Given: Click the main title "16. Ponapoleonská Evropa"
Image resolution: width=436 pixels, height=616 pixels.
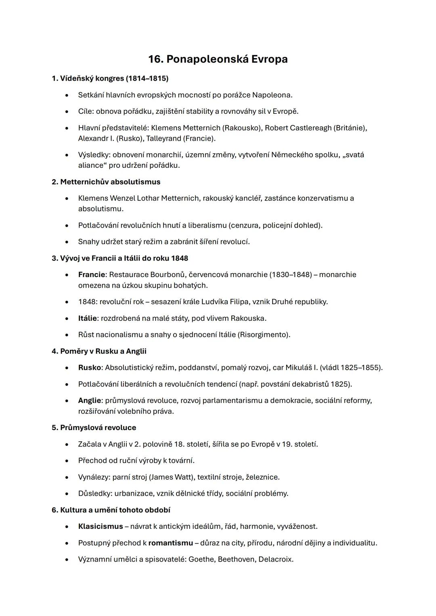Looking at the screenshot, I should (218, 59).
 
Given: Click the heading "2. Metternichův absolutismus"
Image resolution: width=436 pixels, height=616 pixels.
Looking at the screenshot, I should (106, 182).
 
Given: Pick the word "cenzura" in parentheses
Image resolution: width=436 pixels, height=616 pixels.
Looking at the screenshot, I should (244, 225).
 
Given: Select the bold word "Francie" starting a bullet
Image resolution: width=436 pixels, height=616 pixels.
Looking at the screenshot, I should (91, 275).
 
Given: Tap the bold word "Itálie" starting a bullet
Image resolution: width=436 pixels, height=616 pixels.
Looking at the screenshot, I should (87, 318).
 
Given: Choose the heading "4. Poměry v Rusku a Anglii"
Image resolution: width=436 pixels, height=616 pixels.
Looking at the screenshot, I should (99, 351).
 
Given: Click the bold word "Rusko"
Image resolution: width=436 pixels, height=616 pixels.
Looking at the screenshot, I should (89, 368).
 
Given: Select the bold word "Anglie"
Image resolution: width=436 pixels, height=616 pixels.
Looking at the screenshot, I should (90, 401).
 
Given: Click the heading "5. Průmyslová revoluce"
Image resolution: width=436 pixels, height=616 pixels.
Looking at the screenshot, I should (94, 428).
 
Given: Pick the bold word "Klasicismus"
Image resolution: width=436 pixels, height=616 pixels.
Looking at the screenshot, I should (101, 526).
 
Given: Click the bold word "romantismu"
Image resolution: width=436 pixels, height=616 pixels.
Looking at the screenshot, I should (170, 543).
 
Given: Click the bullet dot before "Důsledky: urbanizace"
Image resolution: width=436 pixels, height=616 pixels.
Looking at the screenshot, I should (67, 494).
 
